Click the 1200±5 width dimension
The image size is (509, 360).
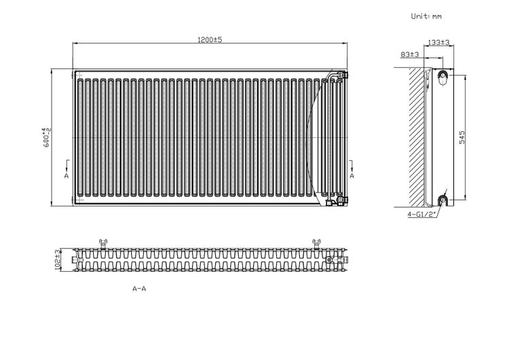(x=210, y=39)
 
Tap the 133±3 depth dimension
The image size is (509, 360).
(x=438, y=42)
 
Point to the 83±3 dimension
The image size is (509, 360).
(x=410, y=54)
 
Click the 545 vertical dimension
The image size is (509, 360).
(x=462, y=137)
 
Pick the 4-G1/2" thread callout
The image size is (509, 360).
(x=421, y=215)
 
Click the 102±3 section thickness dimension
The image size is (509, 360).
(x=58, y=259)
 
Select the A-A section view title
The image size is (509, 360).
(x=139, y=289)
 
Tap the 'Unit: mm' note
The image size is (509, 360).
(x=426, y=16)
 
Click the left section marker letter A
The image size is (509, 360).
(x=67, y=176)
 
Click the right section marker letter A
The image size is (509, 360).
(x=352, y=176)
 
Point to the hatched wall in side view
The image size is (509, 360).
(x=417, y=137)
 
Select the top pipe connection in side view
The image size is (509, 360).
(x=442, y=77)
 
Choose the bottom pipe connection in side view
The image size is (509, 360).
(x=442, y=200)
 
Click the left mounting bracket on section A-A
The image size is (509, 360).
(x=103, y=244)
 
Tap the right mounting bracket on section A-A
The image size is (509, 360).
(x=316, y=244)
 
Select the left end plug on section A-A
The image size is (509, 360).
(x=75, y=260)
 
